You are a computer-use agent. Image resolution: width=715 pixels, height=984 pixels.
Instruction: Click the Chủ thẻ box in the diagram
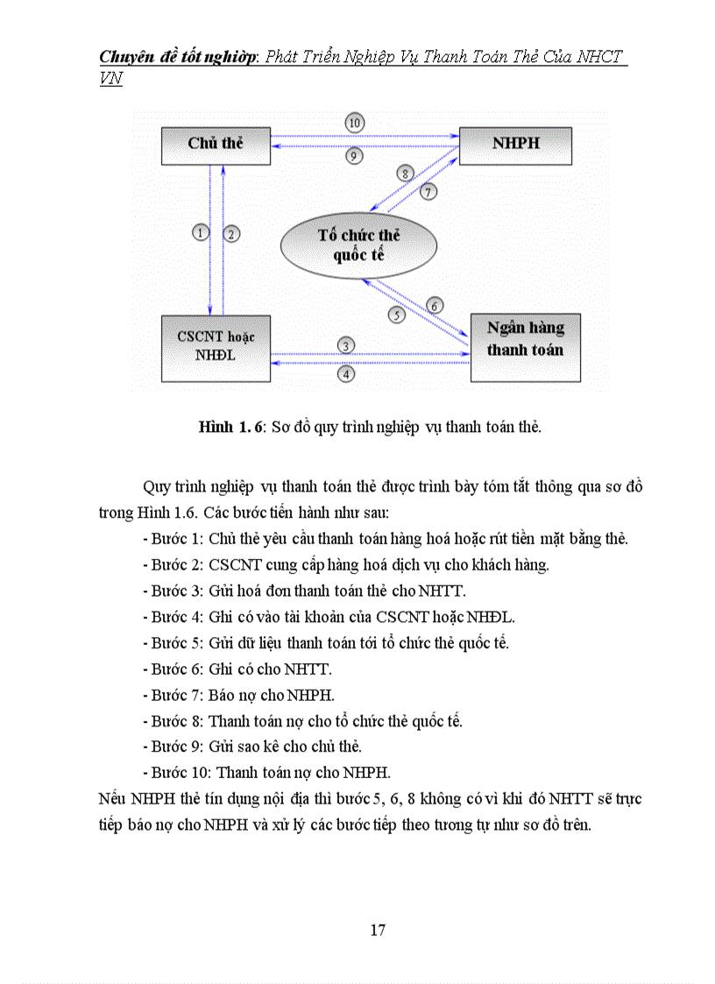pos(216,145)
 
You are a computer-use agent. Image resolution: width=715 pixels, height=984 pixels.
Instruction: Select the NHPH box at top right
pos(515,145)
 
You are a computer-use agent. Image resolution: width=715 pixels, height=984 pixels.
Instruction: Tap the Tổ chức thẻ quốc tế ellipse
pos(358,245)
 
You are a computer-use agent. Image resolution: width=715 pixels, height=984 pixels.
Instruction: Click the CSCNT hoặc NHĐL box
pos(216,349)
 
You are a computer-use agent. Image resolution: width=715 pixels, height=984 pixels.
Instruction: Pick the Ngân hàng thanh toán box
pos(525,348)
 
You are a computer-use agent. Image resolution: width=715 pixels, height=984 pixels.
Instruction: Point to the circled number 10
pos(354,123)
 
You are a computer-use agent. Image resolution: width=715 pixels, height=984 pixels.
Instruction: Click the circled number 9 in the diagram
pos(354,156)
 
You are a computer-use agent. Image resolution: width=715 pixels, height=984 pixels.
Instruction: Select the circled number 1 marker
pos(201,233)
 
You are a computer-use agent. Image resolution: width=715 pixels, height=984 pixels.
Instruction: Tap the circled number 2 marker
pos(231,233)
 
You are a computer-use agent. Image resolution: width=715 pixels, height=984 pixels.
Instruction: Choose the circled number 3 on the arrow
pos(347,346)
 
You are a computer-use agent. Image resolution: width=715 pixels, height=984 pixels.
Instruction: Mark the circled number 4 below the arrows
pos(347,373)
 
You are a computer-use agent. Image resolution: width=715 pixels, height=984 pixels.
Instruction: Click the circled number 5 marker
pos(396,315)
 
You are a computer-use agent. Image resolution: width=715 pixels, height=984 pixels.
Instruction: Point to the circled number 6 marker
pos(435,305)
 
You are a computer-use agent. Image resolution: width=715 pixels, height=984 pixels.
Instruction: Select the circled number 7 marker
pos(428,191)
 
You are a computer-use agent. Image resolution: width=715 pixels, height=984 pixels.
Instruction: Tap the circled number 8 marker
pos(405,173)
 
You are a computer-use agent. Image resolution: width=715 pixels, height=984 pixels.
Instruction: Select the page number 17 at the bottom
pos(378,930)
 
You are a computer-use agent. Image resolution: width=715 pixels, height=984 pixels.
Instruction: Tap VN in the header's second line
pos(110,79)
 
